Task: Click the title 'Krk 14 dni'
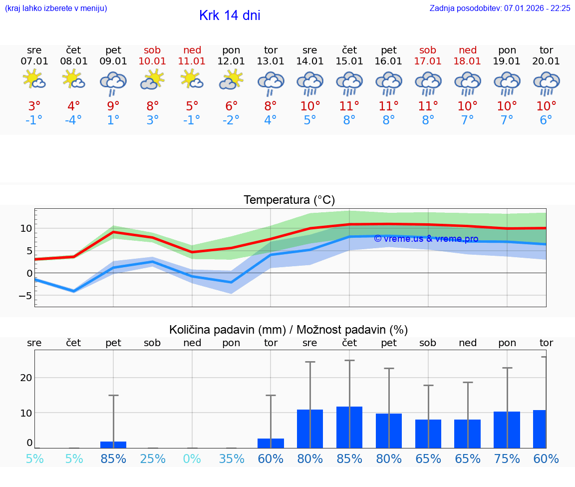point(230,15)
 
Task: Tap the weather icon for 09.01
point(113,83)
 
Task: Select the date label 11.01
point(192,61)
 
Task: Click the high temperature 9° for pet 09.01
point(113,106)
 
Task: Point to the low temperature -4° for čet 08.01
point(74,120)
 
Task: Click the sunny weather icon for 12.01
point(231,80)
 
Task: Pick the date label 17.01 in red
point(428,61)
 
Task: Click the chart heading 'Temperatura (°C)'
point(289,200)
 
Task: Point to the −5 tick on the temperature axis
point(25,296)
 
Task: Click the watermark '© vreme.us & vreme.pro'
point(426,239)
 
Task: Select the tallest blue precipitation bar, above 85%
point(349,427)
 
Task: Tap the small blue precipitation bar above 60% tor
point(271,443)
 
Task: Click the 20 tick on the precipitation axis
point(26,378)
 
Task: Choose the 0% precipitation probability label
point(192,459)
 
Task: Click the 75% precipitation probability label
point(507,459)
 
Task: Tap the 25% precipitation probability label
point(153,459)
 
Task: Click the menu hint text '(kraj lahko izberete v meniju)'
point(56,8)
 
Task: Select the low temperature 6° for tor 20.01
point(546,120)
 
